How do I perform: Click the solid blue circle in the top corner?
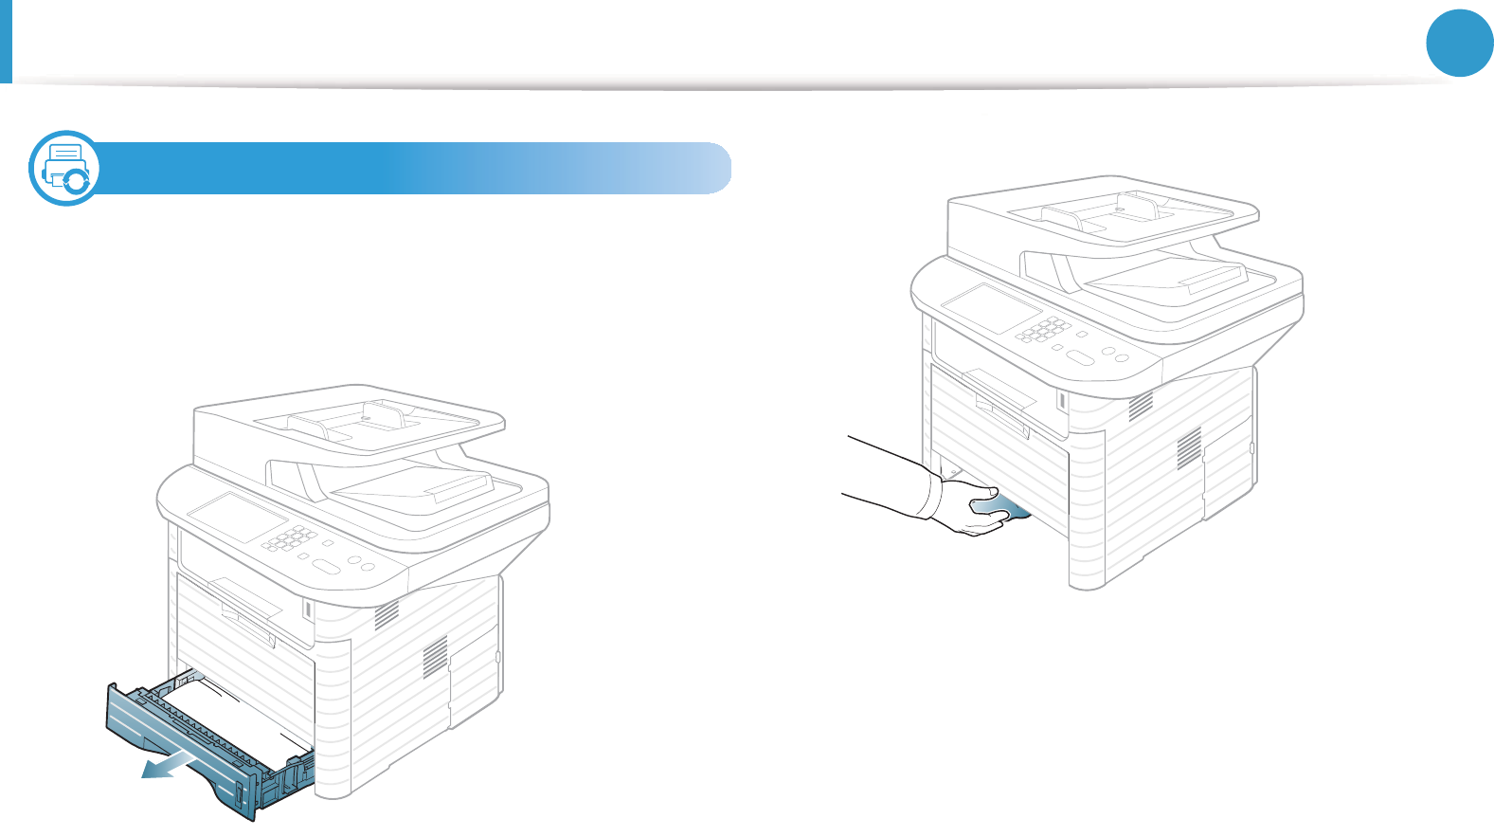click(x=1460, y=43)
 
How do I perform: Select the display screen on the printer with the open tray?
click(x=237, y=517)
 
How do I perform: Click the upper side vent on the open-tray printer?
click(x=387, y=616)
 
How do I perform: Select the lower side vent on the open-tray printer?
click(x=434, y=657)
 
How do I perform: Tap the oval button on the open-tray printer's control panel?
click(x=325, y=567)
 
